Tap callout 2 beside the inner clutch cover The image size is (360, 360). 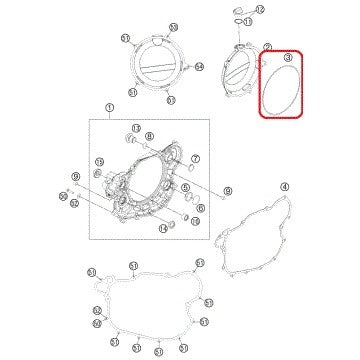coord(267,47)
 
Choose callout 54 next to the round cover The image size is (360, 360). coord(172,67)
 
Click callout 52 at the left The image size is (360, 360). coord(97,310)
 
